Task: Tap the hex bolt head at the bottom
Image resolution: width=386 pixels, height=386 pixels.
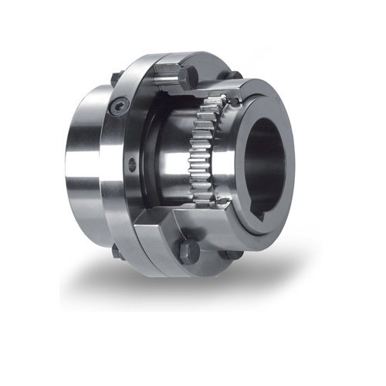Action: (x=188, y=251)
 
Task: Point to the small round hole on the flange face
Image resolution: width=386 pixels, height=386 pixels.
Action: (x=131, y=164)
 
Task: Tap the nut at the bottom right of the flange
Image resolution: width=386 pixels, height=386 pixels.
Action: (x=232, y=255)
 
